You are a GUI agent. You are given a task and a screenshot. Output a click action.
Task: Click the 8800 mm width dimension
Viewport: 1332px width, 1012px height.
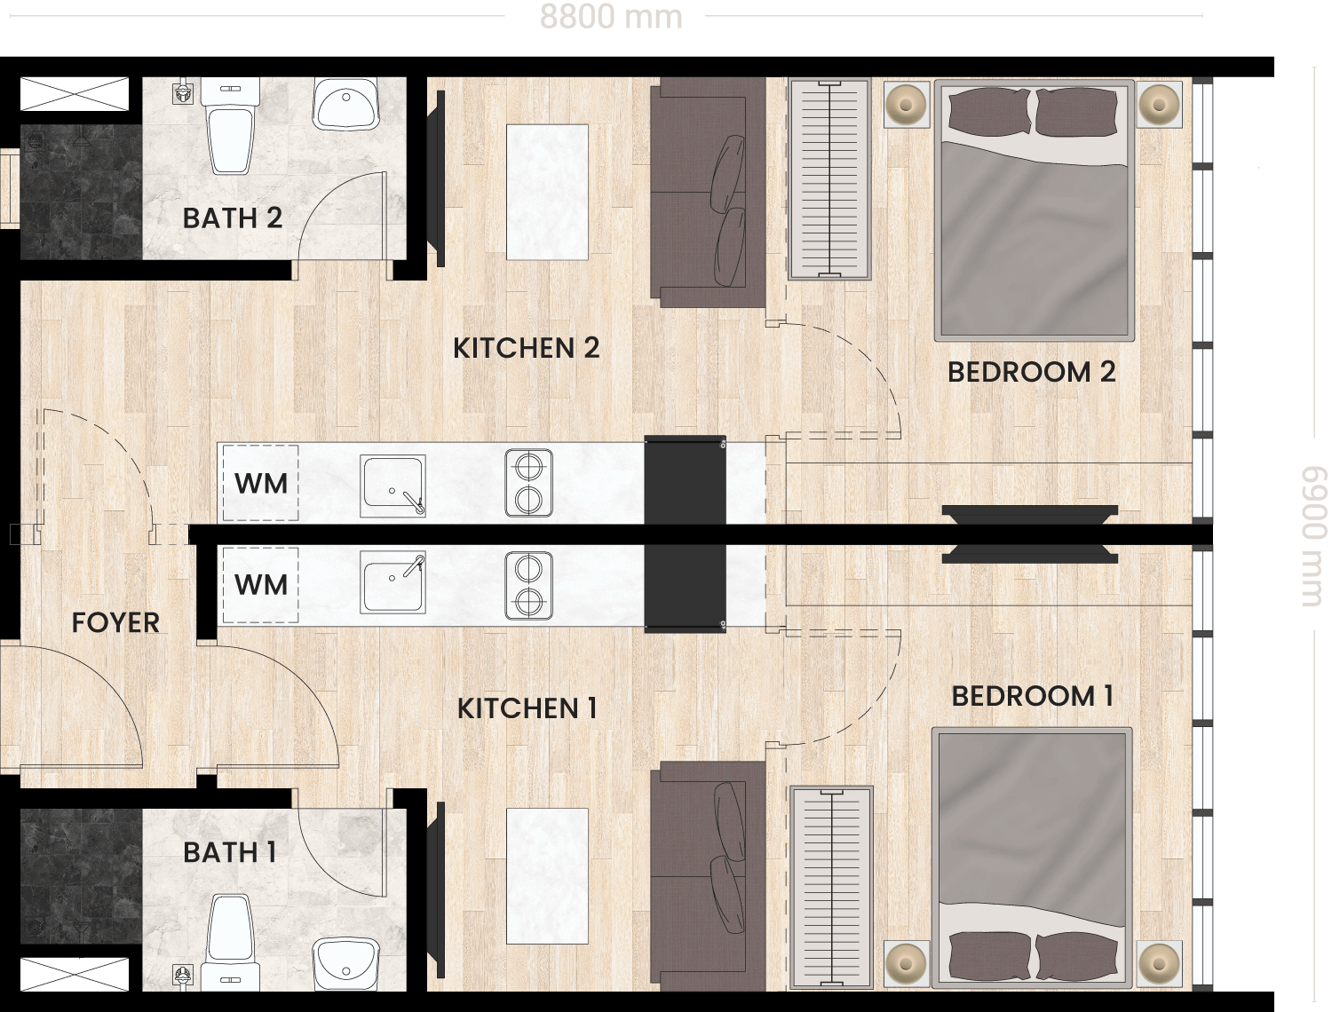[x=610, y=17]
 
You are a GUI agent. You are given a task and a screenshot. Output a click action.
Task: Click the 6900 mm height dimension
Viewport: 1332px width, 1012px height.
[x=1314, y=535]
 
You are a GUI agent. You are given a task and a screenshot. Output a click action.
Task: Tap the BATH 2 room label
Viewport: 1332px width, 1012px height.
[x=233, y=218]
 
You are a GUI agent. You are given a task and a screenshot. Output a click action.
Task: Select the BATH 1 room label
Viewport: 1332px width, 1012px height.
[x=230, y=852]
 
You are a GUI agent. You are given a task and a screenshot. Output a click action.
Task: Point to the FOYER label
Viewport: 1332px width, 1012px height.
[x=115, y=622]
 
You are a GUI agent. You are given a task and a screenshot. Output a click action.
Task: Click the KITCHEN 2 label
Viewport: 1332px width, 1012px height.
[x=526, y=348]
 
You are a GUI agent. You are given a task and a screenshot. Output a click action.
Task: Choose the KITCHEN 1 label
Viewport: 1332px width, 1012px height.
[x=527, y=708]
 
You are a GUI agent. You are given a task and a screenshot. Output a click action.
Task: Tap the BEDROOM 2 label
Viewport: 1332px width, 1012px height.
[x=1032, y=372]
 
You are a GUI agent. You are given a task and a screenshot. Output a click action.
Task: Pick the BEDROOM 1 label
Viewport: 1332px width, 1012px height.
[x=1032, y=696]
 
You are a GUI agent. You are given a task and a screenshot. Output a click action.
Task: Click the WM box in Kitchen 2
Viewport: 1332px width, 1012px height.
[x=260, y=483]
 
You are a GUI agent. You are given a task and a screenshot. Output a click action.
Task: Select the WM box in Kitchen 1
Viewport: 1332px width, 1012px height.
[x=260, y=584]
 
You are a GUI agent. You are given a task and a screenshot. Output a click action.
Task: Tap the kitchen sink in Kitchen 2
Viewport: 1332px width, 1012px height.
[x=392, y=486]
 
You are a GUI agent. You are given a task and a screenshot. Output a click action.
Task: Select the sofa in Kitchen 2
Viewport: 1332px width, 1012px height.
[x=708, y=193]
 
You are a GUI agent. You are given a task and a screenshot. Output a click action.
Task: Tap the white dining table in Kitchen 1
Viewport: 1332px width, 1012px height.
[x=547, y=875]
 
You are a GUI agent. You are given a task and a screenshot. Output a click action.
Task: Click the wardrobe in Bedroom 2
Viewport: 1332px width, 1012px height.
[x=830, y=179]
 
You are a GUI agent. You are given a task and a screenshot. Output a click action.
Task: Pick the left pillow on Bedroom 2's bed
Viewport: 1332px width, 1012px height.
[x=990, y=111]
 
